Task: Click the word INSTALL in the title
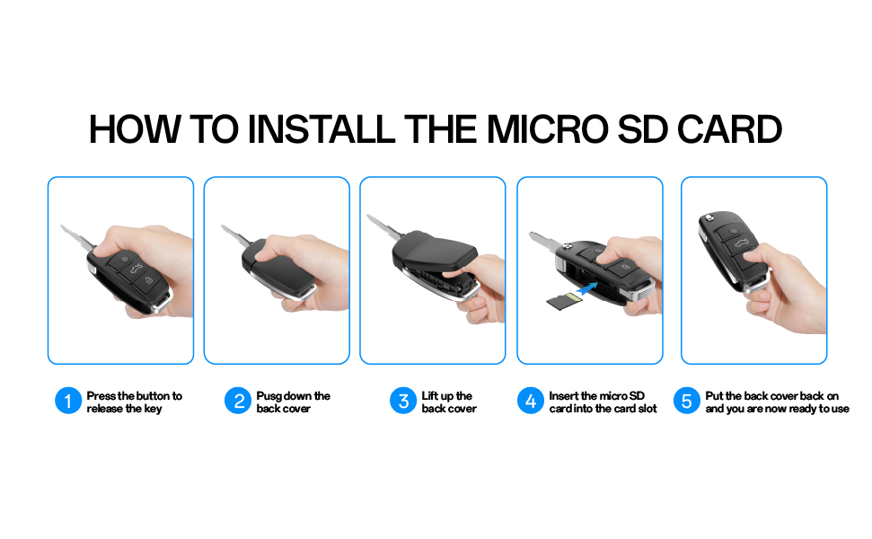pyautogui.click(x=321, y=129)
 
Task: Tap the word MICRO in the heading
pyautogui.click(x=548, y=129)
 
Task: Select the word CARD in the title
pyautogui.click(x=729, y=129)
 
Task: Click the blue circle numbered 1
pyautogui.click(x=68, y=401)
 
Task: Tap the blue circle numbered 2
pyautogui.click(x=238, y=401)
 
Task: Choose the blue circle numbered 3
pyautogui.click(x=403, y=401)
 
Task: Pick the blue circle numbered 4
pyautogui.click(x=531, y=401)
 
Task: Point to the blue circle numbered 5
pyautogui.click(x=687, y=401)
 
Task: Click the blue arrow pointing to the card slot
pyautogui.click(x=587, y=288)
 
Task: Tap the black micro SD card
pyautogui.click(x=564, y=301)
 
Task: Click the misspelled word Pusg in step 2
pyautogui.click(x=269, y=396)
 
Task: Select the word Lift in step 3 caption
pyautogui.click(x=429, y=396)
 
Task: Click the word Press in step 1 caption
pyautogui.click(x=101, y=396)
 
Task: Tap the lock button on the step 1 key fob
pyautogui.click(x=148, y=281)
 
